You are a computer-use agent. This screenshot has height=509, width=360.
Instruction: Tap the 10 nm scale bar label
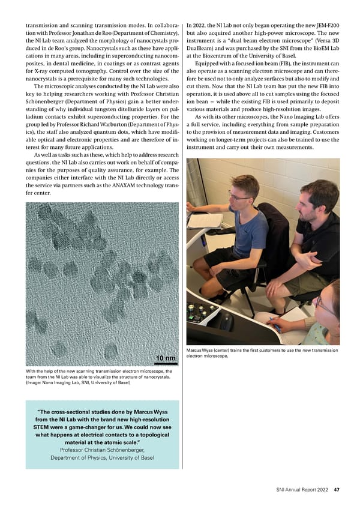[x=166, y=359]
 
